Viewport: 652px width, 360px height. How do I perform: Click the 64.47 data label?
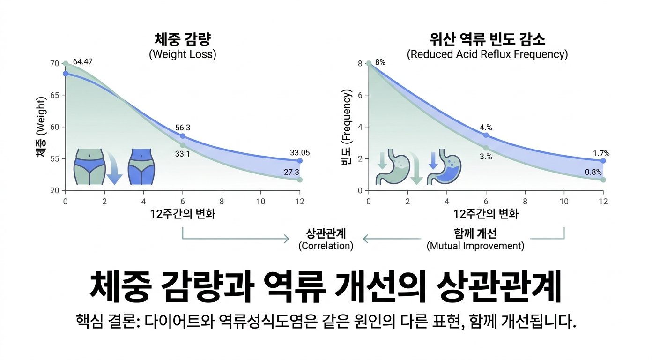(82, 62)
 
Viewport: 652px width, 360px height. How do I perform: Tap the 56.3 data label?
(183, 127)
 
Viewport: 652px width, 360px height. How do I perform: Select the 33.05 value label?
(300, 153)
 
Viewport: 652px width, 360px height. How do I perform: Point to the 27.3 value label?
(291, 172)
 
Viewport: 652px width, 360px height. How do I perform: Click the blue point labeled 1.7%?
(603, 161)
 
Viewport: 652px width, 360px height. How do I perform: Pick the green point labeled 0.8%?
(603, 180)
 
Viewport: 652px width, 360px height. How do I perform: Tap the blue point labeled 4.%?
(486, 135)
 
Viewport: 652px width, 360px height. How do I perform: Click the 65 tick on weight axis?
(55, 95)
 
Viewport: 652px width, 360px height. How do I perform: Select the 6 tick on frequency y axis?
(360, 95)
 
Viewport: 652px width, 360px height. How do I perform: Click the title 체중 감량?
(183, 39)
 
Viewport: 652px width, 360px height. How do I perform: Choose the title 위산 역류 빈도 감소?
(487, 39)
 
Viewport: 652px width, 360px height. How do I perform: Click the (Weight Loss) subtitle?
(183, 54)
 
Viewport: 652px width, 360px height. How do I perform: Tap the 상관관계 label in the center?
(326, 233)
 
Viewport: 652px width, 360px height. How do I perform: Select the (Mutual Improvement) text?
(475, 246)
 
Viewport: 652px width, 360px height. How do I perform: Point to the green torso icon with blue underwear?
(89, 166)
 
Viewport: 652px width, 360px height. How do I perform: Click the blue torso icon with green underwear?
(141, 166)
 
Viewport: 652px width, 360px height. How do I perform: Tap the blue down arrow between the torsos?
(114, 169)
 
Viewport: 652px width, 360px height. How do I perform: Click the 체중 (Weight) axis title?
(41, 127)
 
